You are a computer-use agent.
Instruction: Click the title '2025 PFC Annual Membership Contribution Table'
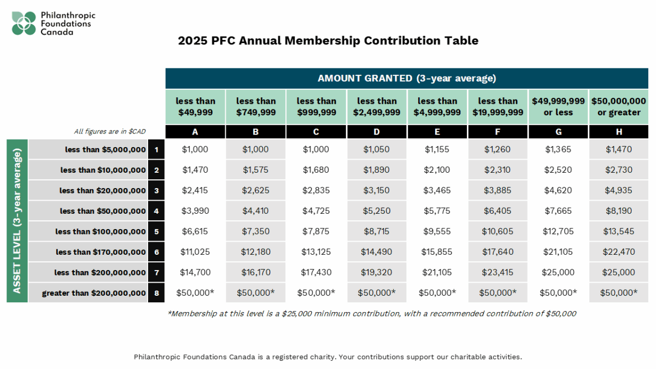(328, 40)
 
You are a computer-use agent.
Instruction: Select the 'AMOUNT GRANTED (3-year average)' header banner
(407, 78)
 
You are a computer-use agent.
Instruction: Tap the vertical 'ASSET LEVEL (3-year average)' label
(17, 221)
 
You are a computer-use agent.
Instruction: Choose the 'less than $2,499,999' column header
(377, 107)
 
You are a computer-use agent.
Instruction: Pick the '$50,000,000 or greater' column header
(619, 107)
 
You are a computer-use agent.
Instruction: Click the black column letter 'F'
(497, 132)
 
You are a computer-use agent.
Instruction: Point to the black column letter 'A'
(195, 132)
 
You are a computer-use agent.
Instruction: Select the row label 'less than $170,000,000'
(101, 252)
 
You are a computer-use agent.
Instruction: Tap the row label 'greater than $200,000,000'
(94, 293)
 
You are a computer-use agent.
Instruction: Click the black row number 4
(156, 211)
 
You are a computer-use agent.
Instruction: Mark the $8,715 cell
(377, 231)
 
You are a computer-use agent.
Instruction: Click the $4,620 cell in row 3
(558, 190)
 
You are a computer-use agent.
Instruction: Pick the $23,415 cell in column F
(497, 272)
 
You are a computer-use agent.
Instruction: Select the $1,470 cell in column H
(619, 149)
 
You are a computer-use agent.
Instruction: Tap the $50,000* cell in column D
(377, 292)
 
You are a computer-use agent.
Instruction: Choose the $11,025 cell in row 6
(195, 251)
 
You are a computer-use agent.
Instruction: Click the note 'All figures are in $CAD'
(110, 132)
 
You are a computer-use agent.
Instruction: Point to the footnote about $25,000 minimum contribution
(372, 314)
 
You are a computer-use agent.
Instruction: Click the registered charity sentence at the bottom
(328, 357)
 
